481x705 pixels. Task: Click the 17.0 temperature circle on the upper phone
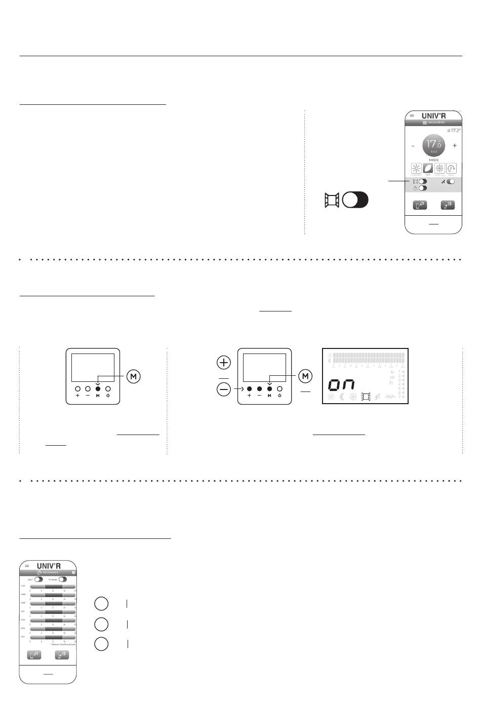coord(433,145)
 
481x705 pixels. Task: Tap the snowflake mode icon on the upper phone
coord(439,169)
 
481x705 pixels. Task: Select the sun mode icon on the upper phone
coord(416,169)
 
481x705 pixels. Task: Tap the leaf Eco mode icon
coord(428,169)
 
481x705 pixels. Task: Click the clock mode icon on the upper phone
coord(451,169)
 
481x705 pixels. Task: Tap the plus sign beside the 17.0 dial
coord(455,145)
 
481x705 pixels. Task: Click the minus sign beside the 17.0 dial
coord(413,145)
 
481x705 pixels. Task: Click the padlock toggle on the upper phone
coord(422,188)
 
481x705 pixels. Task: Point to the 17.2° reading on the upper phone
coord(454,131)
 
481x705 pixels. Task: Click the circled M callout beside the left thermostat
coord(134,376)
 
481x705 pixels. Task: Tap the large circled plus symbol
coord(223,363)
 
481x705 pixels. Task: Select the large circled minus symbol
coord(223,389)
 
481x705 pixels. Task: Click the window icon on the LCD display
coord(366,397)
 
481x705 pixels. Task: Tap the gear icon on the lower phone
coord(73,572)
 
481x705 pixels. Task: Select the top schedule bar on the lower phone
coord(53,586)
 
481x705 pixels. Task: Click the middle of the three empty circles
coord(101,623)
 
